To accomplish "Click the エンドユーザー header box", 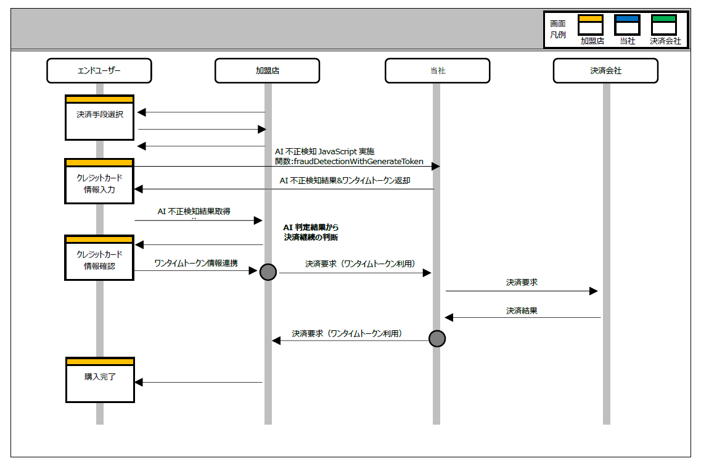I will (x=99, y=70).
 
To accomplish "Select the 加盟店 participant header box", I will (x=267, y=70).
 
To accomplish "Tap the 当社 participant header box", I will (x=437, y=70).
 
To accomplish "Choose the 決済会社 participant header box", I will (x=605, y=70).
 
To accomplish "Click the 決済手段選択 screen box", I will (x=99, y=117).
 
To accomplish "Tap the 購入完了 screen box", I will (x=100, y=380).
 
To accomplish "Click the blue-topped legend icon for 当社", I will (x=627, y=25).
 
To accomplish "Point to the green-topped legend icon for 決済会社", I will (x=664, y=25).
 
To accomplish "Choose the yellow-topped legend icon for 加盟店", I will (x=590, y=25).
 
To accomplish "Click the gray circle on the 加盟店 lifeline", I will (x=268, y=272).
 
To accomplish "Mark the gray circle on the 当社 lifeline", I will (x=436, y=338).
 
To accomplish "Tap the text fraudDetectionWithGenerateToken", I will (x=358, y=162).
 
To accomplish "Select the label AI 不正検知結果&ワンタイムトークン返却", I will (x=345, y=181).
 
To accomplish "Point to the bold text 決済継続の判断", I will (x=311, y=237).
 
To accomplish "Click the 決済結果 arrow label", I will (x=522, y=310).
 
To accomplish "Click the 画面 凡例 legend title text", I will (x=558, y=29).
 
